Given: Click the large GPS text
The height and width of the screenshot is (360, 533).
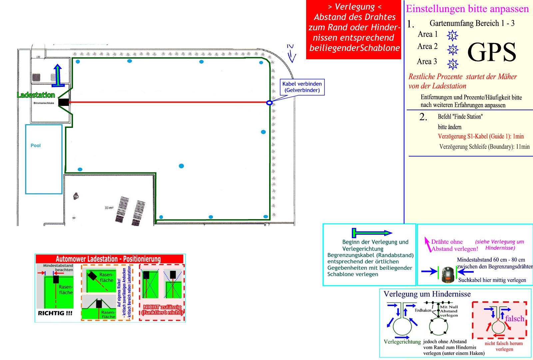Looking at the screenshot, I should click(x=492, y=52).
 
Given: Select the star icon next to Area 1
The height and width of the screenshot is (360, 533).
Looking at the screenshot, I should click(x=452, y=35).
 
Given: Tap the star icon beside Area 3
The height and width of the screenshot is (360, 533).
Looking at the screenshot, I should click(x=452, y=64).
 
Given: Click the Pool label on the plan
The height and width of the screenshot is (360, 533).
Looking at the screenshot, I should click(x=36, y=146).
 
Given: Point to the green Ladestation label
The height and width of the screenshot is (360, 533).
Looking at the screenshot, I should click(x=36, y=95).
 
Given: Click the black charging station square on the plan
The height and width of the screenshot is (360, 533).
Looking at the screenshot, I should click(x=63, y=102).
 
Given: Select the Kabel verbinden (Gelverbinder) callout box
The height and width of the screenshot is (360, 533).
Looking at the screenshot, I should click(x=302, y=87).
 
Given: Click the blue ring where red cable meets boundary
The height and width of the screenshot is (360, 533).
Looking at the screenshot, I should click(x=269, y=103).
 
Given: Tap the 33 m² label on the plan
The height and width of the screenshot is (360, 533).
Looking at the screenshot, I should click(x=109, y=208).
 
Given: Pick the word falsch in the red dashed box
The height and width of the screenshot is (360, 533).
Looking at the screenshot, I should click(x=514, y=319).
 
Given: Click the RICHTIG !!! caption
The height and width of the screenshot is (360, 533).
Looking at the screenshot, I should click(x=55, y=313).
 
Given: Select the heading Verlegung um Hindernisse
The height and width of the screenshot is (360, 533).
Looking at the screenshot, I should click(x=427, y=294).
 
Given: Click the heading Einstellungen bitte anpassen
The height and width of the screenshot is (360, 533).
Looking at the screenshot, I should click(x=467, y=9).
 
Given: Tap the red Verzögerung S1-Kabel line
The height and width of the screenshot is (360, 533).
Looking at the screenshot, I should click(x=481, y=136).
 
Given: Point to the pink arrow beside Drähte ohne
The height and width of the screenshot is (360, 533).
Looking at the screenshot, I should click(x=427, y=244).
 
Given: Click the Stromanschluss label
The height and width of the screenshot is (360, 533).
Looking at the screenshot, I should click(x=44, y=103).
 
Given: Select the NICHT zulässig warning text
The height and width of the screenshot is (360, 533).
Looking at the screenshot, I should click(x=162, y=310).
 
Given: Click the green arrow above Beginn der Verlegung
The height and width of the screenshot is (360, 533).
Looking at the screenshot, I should click(x=372, y=233).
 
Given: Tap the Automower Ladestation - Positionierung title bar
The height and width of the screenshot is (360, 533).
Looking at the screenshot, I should click(x=109, y=259).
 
